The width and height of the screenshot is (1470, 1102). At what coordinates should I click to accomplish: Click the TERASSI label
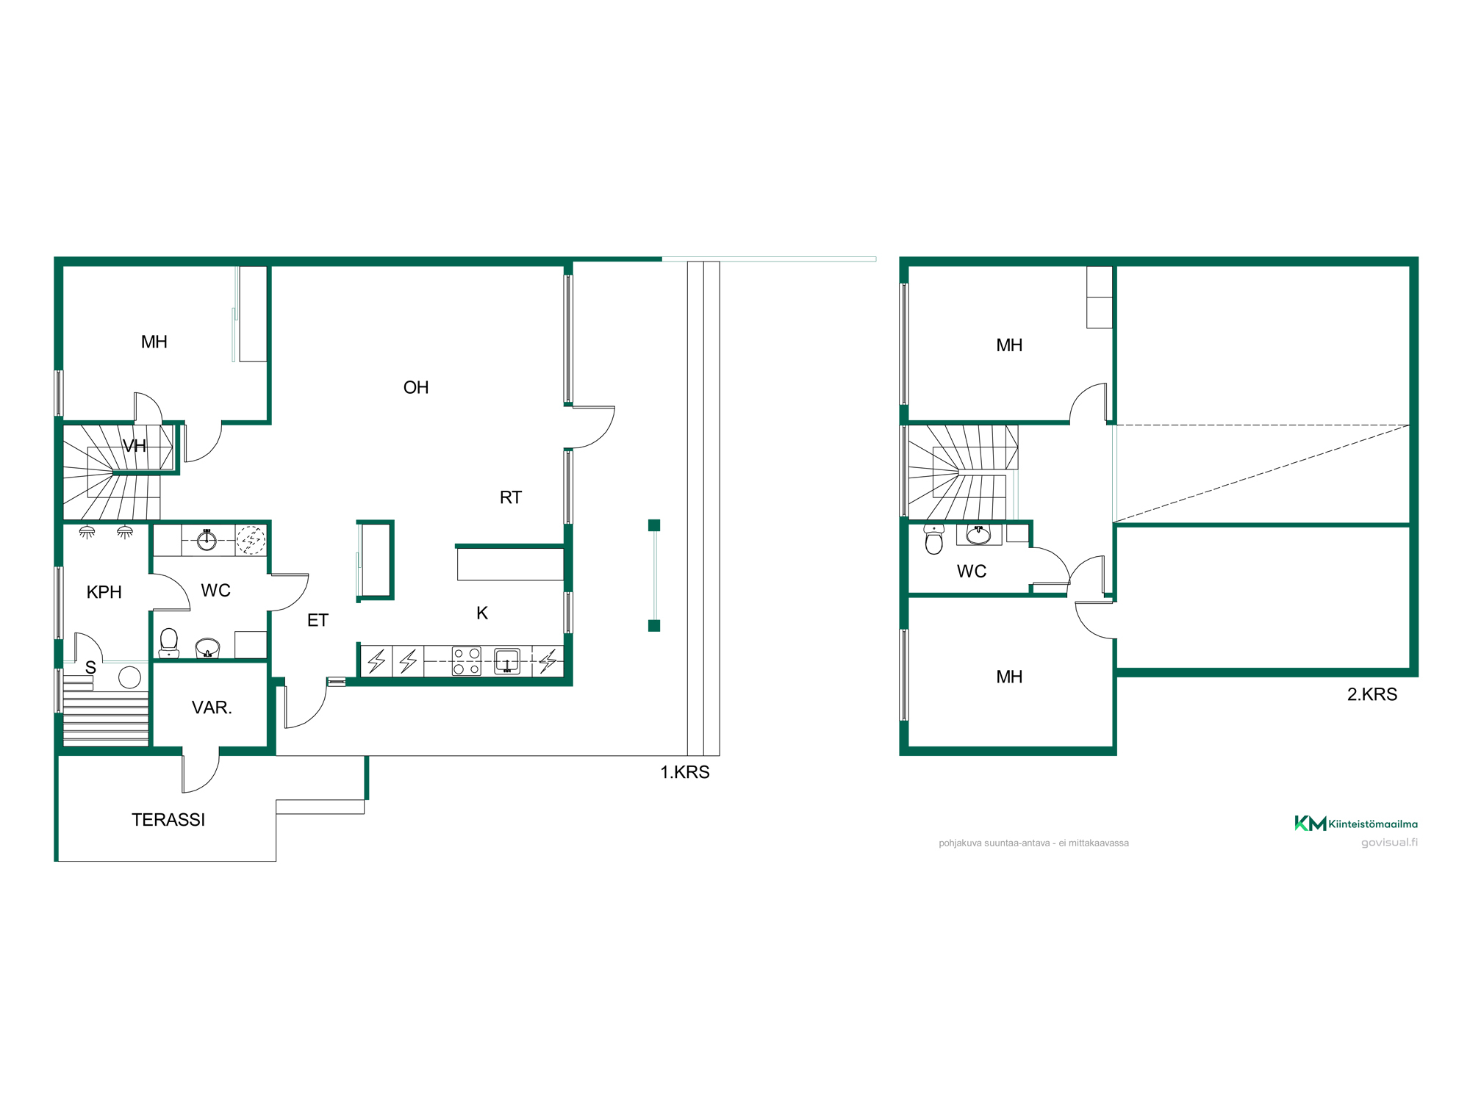tap(168, 820)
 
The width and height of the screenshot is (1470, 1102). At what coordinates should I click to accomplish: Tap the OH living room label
tap(416, 388)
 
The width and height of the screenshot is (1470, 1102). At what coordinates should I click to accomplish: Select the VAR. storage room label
tap(212, 707)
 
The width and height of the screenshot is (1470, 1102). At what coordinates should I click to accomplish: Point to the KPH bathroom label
tap(104, 592)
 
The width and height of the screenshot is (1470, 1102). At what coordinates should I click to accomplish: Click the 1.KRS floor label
tap(685, 772)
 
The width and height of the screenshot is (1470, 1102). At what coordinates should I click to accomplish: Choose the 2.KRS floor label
tap(1372, 694)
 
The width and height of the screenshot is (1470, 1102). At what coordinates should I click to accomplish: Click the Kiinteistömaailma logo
tap(1356, 824)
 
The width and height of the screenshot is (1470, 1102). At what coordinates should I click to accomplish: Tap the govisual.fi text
tap(1389, 843)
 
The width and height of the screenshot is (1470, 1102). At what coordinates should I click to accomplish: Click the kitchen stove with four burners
tap(467, 660)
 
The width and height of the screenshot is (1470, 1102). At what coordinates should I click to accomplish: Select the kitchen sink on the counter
tap(507, 660)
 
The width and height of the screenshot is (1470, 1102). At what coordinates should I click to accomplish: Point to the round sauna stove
tap(130, 677)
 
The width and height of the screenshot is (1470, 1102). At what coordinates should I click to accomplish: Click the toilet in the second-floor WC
tap(934, 539)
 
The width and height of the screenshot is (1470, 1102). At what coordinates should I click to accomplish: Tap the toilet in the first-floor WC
tap(169, 643)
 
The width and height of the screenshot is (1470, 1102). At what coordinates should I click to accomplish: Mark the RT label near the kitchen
tap(511, 497)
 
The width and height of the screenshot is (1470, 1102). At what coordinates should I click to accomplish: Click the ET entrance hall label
tap(318, 621)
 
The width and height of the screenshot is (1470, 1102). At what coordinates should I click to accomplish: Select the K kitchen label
tap(482, 613)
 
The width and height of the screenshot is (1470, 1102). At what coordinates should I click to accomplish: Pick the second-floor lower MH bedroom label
tap(1009, 677)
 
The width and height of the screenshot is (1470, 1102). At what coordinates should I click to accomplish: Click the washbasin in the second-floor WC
tap(978, 535)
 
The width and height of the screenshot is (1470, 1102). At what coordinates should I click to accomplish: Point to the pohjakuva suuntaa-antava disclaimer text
tap(1033, 843)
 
